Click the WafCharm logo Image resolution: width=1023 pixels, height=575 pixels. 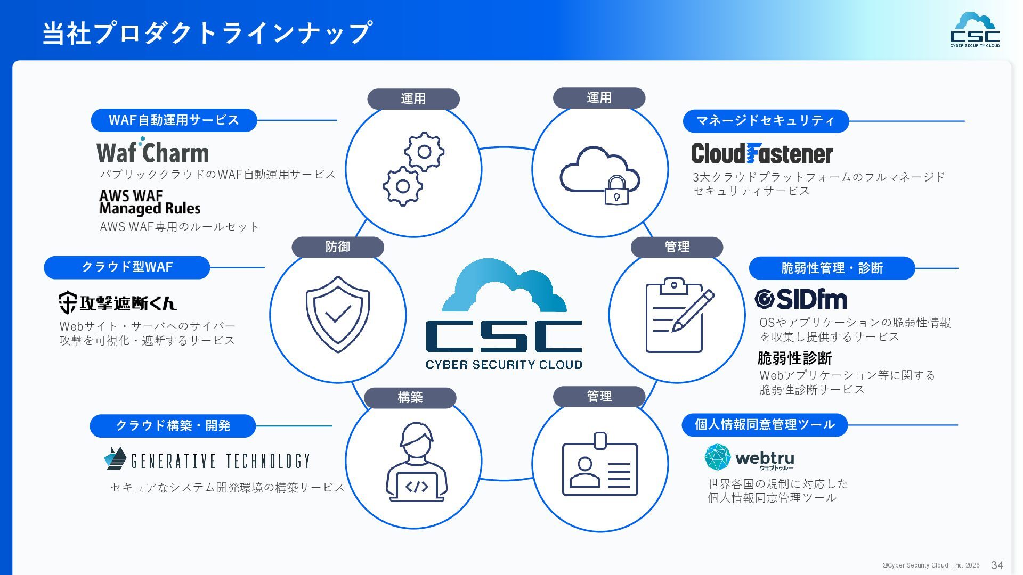click(152, 151)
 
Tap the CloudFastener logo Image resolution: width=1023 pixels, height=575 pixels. click(762, 154)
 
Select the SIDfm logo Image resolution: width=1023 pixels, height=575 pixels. click(801, 299)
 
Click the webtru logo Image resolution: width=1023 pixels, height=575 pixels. click(749, 458)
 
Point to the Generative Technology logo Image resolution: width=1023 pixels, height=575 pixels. click(207, 460)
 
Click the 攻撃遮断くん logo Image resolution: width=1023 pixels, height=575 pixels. click(117, 302)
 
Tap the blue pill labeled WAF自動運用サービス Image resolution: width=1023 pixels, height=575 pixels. click(174, 120)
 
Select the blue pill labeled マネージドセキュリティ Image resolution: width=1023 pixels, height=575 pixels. click(766, 121)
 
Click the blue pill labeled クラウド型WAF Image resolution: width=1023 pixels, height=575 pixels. click(127, 267)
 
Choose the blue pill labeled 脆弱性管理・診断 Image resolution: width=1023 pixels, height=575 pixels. click(832, 268)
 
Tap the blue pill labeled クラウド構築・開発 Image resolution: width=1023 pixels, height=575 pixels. click(173, 426)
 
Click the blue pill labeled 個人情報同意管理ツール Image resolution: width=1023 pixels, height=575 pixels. click(765, 425)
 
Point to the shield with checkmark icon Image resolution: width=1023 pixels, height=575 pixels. click(338, 314)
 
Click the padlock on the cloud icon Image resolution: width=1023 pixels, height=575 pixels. click(616, 191)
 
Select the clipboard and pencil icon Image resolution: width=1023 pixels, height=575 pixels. click(678, 315)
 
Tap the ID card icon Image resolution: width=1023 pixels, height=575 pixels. click(600, 465)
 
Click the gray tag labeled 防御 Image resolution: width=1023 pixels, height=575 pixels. click(338, 247)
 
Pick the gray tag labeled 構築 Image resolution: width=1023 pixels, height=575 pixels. click(410, 398)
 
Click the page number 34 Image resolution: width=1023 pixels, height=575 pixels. click(997, 565)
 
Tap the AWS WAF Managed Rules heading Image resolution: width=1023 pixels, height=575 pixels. click(150, 202)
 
